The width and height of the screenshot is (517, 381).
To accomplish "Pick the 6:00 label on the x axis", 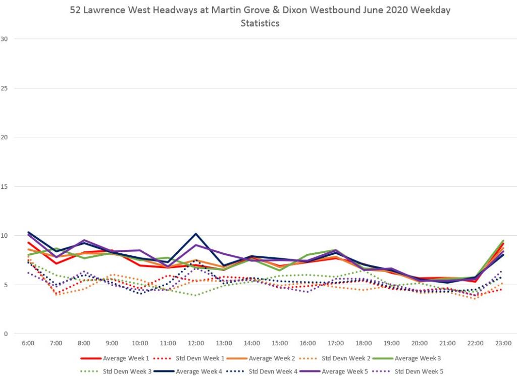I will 28,344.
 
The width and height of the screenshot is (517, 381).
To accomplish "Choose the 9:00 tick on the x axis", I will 112,344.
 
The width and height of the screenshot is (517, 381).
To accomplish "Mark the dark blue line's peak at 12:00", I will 195,234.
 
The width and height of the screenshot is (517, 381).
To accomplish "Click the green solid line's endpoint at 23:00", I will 503,241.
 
